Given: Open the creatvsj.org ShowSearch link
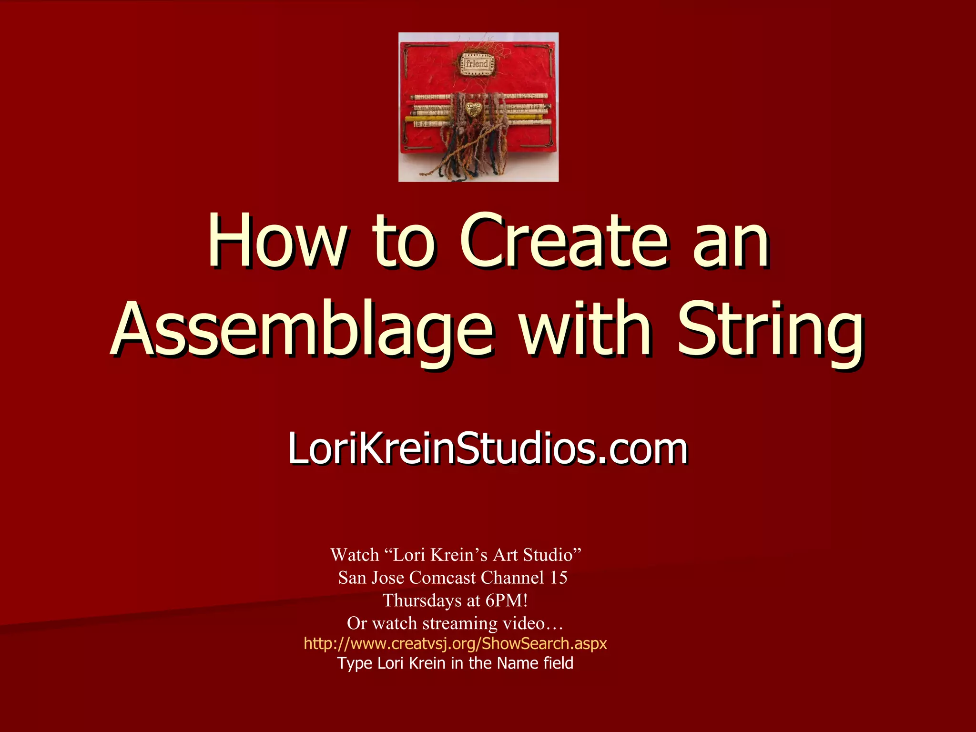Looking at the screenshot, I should click(455, 643).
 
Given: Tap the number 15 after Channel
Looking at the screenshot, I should click(558, 578).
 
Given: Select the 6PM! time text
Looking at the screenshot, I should click(506, 600).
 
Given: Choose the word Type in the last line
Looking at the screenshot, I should click(355, 663).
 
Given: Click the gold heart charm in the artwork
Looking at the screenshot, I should click(473, 110).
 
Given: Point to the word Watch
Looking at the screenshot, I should click(355, 555).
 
